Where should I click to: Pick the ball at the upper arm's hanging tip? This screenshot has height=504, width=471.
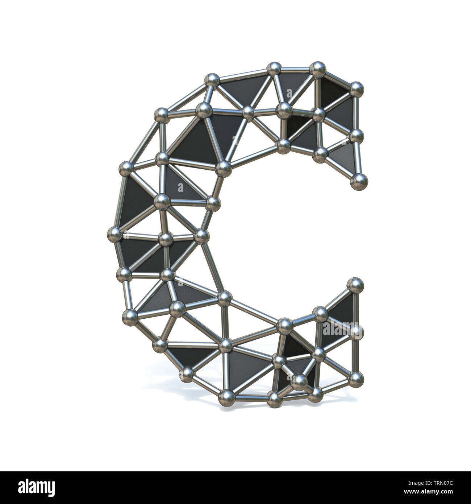(359, 181)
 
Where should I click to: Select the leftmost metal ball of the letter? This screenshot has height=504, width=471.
(115, 234)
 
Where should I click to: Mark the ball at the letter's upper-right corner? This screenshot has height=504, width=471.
(356, 88)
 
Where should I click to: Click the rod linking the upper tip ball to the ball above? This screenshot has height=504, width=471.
(358, 158)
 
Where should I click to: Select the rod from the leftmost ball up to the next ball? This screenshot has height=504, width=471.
(120, 201)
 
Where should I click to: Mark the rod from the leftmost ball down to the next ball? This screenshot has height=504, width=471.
(119, 254)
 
